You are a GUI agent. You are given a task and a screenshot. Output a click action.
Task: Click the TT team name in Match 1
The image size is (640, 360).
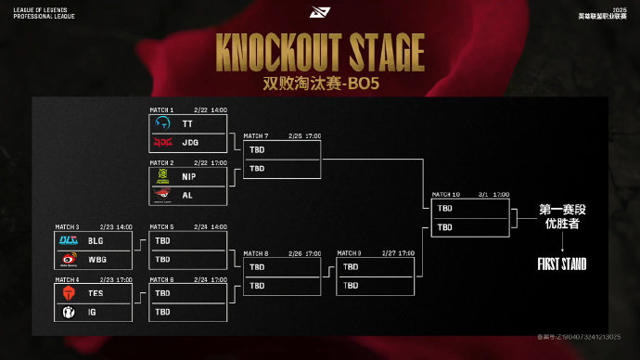point(187,123)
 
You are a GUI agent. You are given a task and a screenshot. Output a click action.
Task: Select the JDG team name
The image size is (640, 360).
point(190,143)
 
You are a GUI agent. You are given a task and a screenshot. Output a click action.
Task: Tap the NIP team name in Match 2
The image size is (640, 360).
point(189,176)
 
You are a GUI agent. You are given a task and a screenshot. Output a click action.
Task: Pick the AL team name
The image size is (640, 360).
point(187,196)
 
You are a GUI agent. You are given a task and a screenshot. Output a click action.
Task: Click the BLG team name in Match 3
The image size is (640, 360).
point(96,240)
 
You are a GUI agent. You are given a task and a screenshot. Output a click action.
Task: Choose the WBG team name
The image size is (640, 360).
point(96,259)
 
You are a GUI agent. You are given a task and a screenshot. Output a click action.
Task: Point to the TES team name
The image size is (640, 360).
point(96,292)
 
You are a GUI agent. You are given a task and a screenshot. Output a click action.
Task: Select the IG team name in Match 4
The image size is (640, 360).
point(93,312)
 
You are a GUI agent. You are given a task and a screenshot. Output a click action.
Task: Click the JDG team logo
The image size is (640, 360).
point(162,143)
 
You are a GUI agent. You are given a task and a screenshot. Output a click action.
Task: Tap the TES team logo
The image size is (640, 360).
point(69,292)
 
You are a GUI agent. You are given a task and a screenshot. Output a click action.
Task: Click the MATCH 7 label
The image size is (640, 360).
point(256,135)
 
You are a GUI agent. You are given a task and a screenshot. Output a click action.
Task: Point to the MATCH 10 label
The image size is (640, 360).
point(444,194)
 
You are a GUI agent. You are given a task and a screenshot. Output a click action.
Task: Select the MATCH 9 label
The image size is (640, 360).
point(350,252)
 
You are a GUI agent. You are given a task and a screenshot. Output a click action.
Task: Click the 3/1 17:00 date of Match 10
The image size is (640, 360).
point(495,194)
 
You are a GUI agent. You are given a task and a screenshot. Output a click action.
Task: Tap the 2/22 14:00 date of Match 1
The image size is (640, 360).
point(211,109)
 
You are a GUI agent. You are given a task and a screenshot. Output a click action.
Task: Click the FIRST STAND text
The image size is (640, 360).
point(562,264)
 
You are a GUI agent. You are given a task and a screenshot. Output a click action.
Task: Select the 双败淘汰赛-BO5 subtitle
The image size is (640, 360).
point(319,81)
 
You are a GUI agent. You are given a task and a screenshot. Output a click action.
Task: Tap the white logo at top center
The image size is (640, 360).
point(319,14)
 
